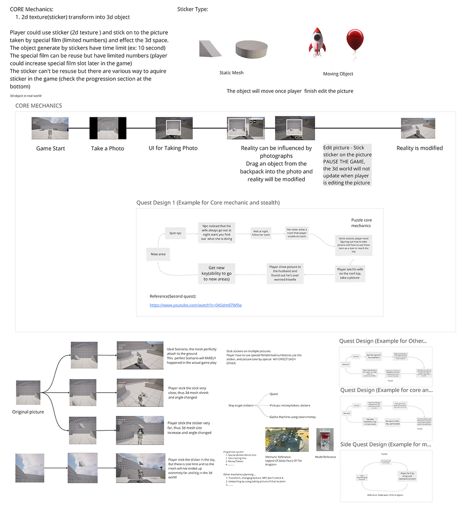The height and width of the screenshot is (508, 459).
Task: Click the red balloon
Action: point(354,41)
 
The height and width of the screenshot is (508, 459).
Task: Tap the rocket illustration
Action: point(317,41)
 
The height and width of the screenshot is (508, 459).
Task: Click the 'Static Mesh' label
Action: point(232,73)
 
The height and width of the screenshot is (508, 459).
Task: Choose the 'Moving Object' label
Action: point(338,74)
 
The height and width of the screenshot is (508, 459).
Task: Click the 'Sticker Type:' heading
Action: point(193,9)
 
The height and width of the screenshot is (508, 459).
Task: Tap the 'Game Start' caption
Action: point(51,148)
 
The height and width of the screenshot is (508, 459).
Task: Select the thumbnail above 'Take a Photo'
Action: point(108,128)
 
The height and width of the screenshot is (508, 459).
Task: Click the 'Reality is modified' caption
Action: point(420,148)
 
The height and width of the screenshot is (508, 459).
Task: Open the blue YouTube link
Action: point(196,305)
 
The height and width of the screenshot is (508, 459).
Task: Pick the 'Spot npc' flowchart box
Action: point(176,232)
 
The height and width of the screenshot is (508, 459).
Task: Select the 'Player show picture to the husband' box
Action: point(285,273)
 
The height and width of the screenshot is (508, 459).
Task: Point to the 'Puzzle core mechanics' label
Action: point(361,223)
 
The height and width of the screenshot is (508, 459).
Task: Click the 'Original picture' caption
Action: point(28,412)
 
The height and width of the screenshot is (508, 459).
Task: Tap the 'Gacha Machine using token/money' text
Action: point(293,417)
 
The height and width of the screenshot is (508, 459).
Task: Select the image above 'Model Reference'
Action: point(325,439)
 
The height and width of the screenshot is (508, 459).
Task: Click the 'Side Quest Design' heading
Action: point(383,444)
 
